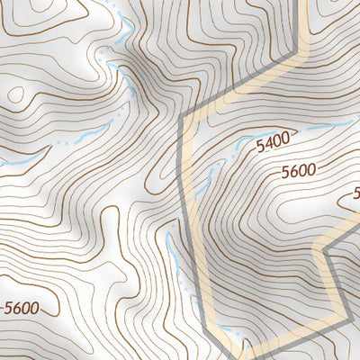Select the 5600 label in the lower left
point(21,307)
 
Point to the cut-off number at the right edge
point(356,192)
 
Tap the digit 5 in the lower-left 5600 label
point(8,307)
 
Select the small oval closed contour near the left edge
point(15,93)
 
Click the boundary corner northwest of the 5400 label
point(183,117)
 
